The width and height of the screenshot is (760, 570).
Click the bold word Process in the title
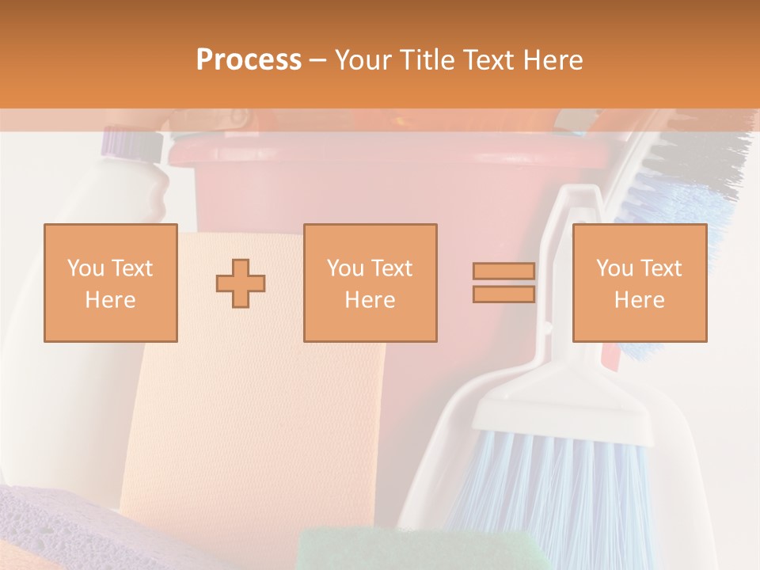click(x=249, y=59)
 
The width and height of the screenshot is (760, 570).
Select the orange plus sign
click(x=241, y=283)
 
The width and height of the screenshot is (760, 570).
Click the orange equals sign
click(x=503, y=283)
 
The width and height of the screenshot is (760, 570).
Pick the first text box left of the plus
click(x=110, y=283)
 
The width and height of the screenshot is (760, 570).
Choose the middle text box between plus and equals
click(x=370, y=283)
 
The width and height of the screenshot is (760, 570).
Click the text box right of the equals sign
click(x=639, y=283)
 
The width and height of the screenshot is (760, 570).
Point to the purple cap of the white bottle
click(x=131, y=143)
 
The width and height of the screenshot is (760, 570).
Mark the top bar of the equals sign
click(x=503, y=272)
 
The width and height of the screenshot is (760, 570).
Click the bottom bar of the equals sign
click(x=503, y=294)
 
